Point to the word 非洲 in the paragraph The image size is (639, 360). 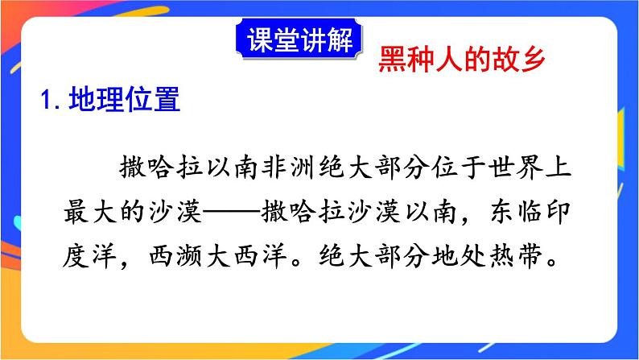pyautogui.click(x=291, y=172)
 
